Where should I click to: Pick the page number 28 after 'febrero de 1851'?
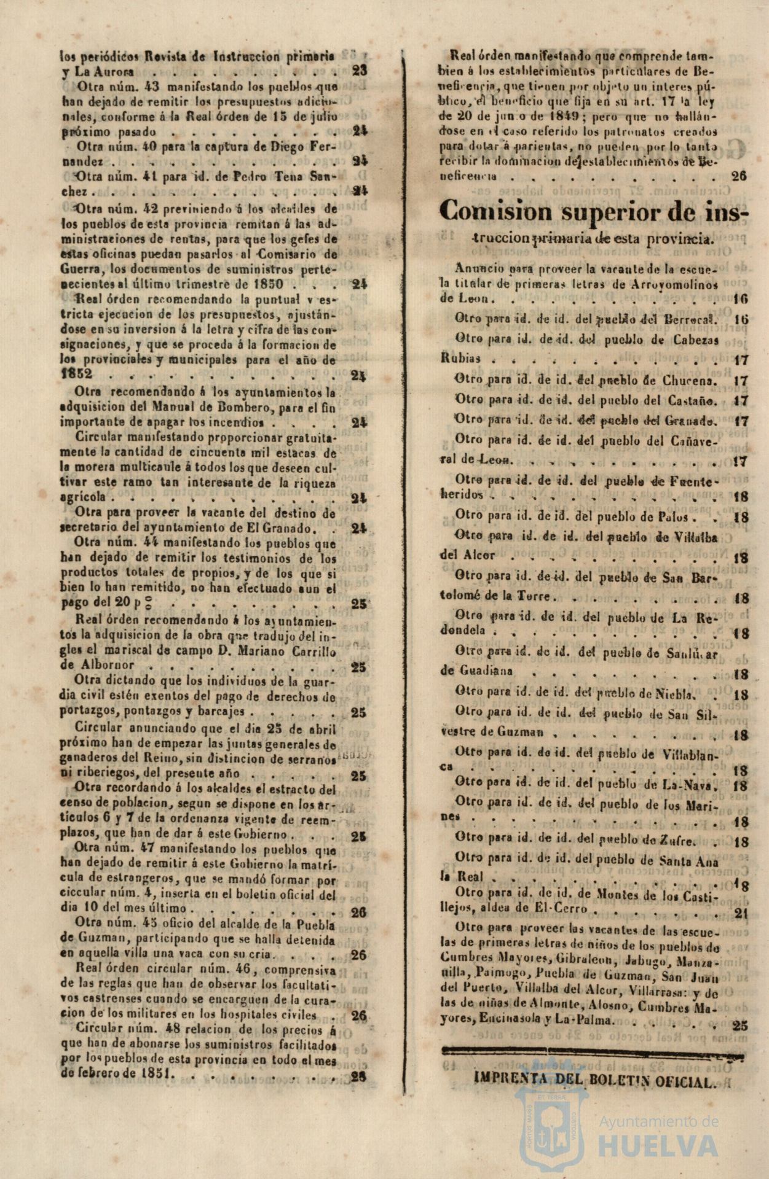point(358,1076)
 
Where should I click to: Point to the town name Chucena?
point(690,381)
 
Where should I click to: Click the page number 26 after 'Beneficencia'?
point(739,176)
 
